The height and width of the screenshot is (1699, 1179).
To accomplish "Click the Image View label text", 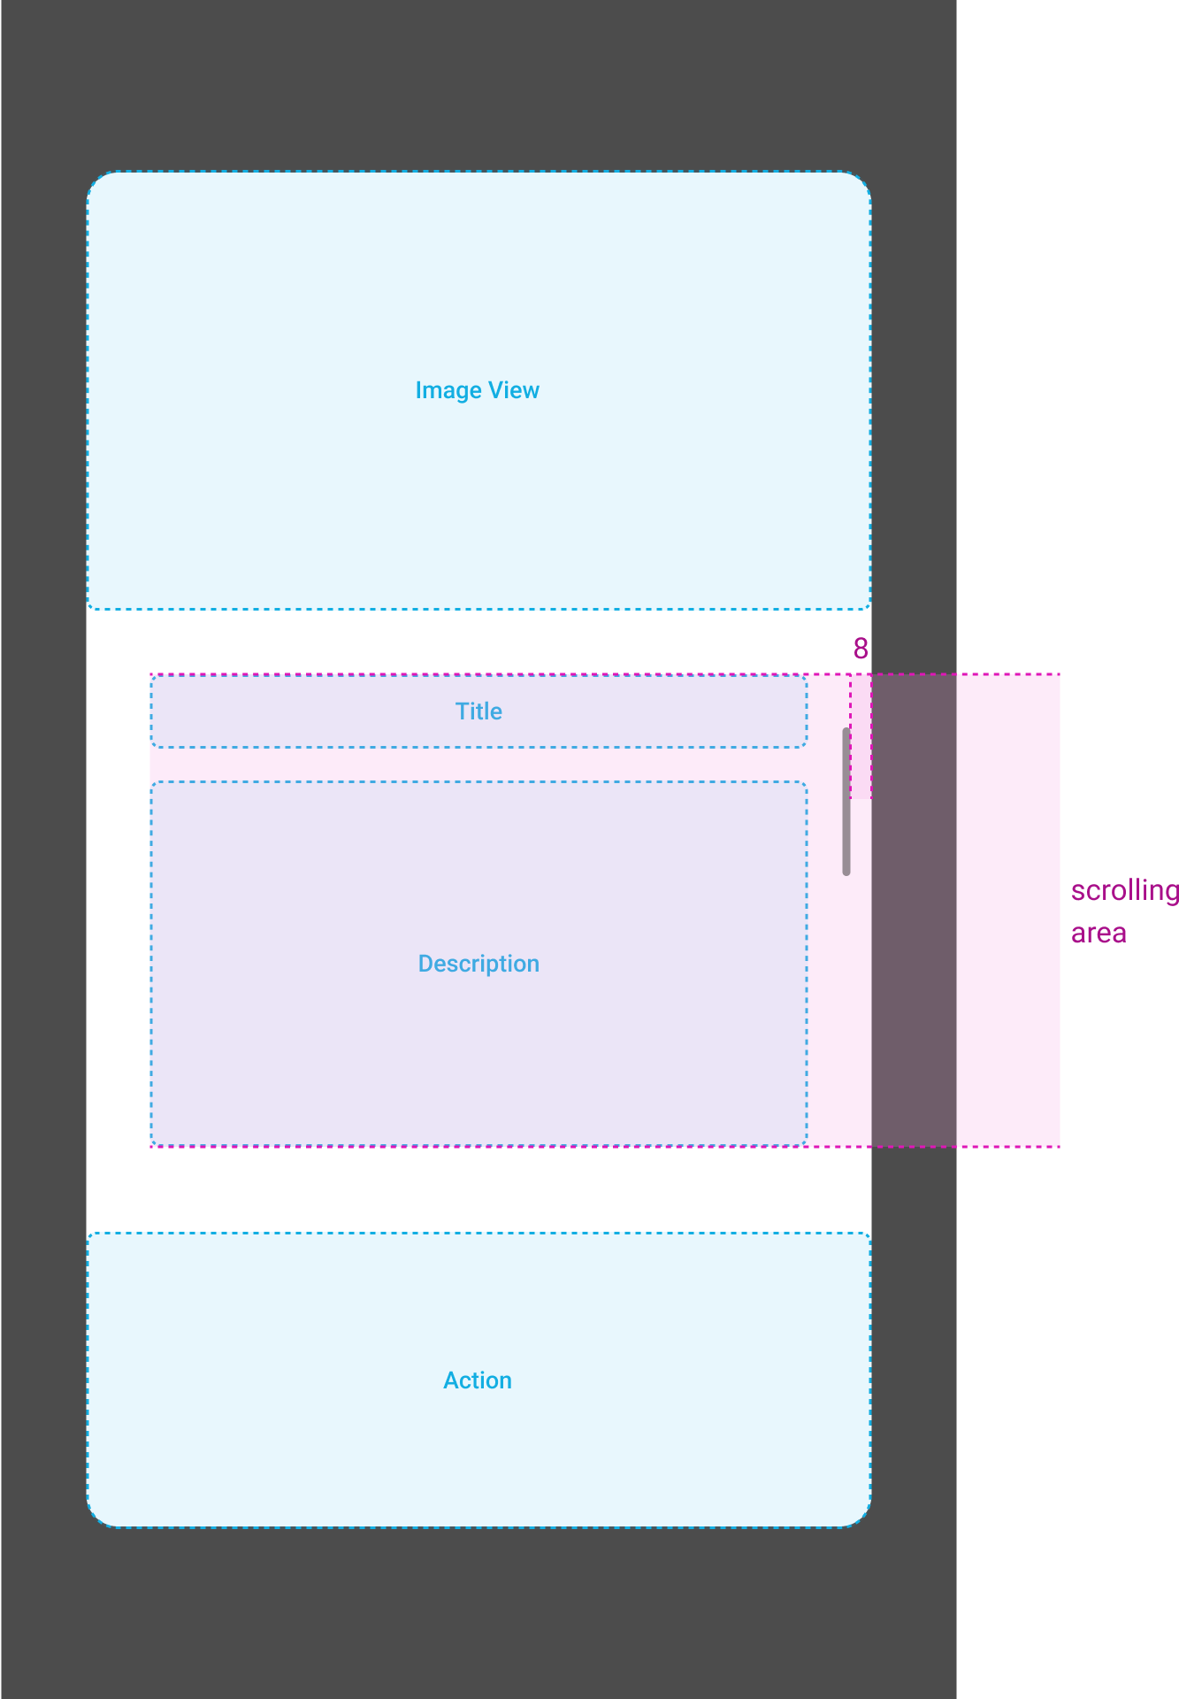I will click(477, 390).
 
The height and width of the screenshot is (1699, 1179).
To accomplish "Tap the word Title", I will click(478, 711).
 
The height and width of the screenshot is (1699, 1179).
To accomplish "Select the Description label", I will click(478, 964).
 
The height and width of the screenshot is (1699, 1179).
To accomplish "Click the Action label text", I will click(477, 1380).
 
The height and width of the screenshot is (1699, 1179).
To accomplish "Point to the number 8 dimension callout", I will click(861, 649).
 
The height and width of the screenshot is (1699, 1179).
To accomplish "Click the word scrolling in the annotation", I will click(1123, 890).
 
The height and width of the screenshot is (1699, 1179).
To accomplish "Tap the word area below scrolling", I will click(1099, 933).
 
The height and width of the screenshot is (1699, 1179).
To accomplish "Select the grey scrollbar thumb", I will click(846, 801).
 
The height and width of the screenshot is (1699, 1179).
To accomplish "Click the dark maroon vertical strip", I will click(914, 910).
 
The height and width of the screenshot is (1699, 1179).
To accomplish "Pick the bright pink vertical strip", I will click(1008, 910).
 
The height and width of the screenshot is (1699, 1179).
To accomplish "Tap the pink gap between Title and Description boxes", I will click(478, 765).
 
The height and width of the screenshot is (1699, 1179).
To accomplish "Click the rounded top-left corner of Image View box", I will click(96, 181).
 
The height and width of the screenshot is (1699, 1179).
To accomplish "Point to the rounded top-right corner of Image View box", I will click(862, 181).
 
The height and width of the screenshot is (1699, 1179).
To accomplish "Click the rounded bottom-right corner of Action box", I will click(862, 1518).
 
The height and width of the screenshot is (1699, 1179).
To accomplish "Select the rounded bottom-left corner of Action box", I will click(96, 1518).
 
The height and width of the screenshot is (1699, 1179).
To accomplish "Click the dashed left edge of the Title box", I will click(151, 711).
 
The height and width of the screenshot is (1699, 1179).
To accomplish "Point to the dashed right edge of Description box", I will click(807, 964).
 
